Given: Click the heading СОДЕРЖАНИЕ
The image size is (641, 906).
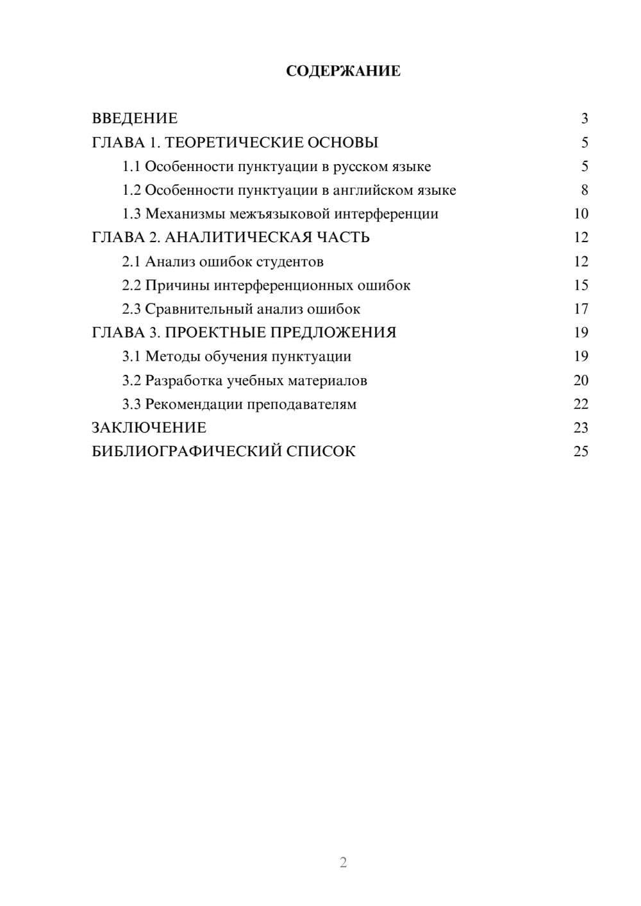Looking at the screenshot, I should tap(343, 71).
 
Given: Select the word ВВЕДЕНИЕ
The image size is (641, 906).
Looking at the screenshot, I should tap(135, 119).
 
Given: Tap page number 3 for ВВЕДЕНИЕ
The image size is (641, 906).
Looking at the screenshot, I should tap(585, 119).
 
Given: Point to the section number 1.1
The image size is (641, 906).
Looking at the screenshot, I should tap(131, 167).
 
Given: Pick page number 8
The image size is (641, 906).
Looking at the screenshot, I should tap(585, 190).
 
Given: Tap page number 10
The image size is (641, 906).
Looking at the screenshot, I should tap(581, 214).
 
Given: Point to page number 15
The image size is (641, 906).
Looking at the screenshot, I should tap(581, 285).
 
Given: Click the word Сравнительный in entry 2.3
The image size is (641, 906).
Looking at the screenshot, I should tap(199, 309).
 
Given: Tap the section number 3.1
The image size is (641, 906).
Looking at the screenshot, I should tap(131, 356).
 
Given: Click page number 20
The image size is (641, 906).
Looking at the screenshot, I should tap(581, 381).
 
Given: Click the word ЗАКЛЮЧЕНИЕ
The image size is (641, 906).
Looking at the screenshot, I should tap(149, 427).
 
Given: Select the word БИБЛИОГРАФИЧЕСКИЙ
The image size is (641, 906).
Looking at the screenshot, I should tap(187, 451).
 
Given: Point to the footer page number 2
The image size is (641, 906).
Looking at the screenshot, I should tap(343, 862).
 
